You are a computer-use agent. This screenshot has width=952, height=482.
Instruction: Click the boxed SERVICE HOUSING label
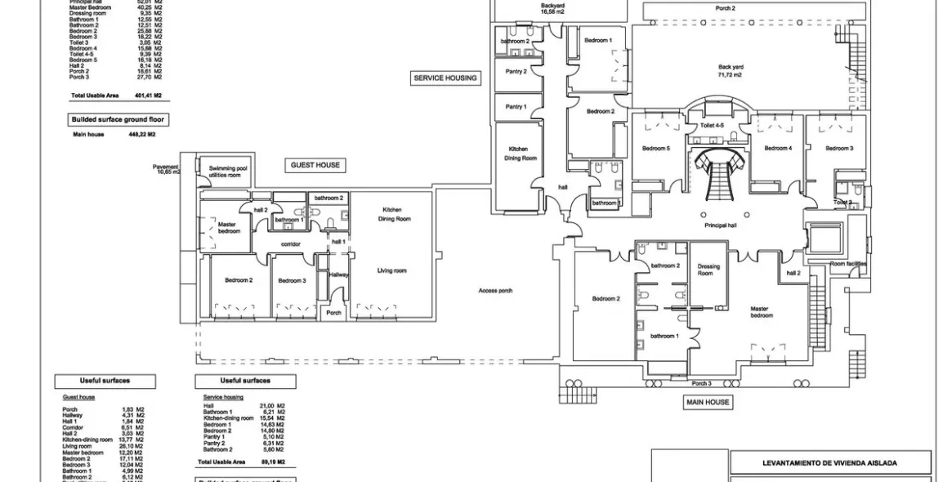pyautogui.click(x=445, y=78)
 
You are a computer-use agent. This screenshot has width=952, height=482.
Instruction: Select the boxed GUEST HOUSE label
pyautogui.click(x=315, y=165)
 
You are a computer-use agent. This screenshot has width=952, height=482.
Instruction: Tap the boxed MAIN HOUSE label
pyautogui.click(x=708, y=402)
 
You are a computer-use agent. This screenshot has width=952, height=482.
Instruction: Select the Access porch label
pyautogui.click(x=495, y=291)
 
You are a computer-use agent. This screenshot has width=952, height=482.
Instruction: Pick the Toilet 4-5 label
pyautogui.click(x=713, y=126)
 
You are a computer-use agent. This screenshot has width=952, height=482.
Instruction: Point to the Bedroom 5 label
pyautogui.click(x=655, y=149)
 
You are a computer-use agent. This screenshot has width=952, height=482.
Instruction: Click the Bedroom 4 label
pyautogui.click(x=777, y=148)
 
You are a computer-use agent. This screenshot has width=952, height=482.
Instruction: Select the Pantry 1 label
pyautogui.click(x=516, y=107)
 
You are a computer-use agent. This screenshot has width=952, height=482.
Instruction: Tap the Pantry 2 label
pyautogui.click(x=516, y=71)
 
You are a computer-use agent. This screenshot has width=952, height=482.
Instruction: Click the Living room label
pyautogui.click(x=391, y=270)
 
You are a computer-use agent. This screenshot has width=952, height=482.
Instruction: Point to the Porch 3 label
pyautogui.click(x=701, y=383)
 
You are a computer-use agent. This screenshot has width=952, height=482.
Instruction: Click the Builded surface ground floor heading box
pyautogui.click(x=118, y=119)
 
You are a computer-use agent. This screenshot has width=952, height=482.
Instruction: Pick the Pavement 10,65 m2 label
pyautogui.click(x=168, y=169)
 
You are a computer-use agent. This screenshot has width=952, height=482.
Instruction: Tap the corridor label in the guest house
pyautogui.click(x=291, y=244)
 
